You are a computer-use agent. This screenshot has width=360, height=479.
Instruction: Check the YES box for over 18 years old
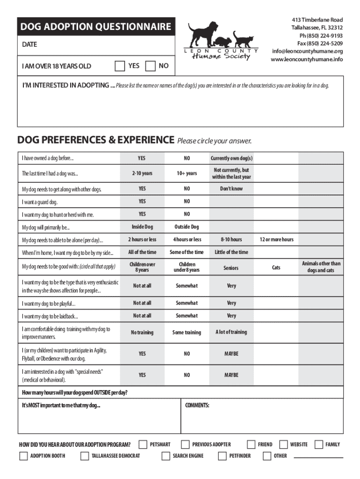click(120, 66)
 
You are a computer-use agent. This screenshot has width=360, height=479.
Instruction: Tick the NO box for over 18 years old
click(151, 66)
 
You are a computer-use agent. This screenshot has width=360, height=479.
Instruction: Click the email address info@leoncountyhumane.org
click(307, 51)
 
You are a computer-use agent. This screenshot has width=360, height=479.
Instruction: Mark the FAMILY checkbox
click(319, 444)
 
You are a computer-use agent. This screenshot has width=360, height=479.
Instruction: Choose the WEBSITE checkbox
click(283, 444)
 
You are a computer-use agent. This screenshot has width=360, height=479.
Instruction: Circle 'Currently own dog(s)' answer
click(231, 159)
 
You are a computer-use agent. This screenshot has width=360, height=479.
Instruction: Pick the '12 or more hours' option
click(276, 239)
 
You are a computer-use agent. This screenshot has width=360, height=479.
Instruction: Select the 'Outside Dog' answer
click(187, 227)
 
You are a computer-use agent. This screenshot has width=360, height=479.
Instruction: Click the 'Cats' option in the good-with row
click(276, 268)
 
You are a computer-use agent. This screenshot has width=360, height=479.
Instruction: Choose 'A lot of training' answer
click(231, 332)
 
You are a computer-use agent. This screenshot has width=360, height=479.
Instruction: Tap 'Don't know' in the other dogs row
click(231, 189)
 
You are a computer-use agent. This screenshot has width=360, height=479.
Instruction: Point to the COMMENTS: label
click(197, 405)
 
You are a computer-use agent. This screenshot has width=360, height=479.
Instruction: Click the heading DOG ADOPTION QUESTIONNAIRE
click(95, 27)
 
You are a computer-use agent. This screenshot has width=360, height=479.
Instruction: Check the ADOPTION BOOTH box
click(23, 456)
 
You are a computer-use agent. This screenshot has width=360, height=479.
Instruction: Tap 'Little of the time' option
click(231, 252)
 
